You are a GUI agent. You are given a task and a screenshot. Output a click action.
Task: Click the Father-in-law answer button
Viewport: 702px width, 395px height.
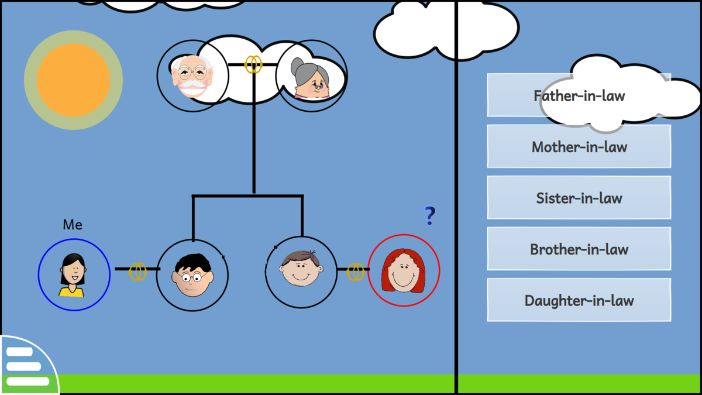point(579,95)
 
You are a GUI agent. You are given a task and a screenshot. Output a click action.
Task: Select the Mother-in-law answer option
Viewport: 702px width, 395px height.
point(579,146)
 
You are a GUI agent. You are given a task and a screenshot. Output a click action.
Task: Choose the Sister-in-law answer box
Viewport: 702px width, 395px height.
point(579,198)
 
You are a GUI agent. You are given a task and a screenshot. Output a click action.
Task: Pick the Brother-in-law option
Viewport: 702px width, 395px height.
point(579,249)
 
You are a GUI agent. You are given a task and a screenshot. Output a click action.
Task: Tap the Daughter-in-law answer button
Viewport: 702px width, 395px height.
point(579,300)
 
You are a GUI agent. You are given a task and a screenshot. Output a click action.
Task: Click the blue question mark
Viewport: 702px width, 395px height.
point(430,217)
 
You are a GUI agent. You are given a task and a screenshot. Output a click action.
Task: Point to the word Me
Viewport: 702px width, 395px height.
point(73,225)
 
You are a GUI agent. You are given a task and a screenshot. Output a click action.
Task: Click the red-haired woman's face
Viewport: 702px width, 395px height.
point(403,272)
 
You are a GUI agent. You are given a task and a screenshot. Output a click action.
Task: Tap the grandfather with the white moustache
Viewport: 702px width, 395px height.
point(191,77)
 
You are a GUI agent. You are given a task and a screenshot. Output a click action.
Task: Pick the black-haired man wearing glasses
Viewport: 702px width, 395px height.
point(192,275)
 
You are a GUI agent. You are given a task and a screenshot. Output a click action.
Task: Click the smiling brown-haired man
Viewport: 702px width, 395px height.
point(301,269)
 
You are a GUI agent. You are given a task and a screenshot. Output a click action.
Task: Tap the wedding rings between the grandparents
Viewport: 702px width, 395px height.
point(253,64)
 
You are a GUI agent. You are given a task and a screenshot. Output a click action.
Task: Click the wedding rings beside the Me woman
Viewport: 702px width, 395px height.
point(137,271)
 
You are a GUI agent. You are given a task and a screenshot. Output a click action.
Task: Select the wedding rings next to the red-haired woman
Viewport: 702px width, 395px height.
point(355,272)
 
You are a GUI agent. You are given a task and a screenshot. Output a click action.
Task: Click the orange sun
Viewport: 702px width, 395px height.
point(73,80)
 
